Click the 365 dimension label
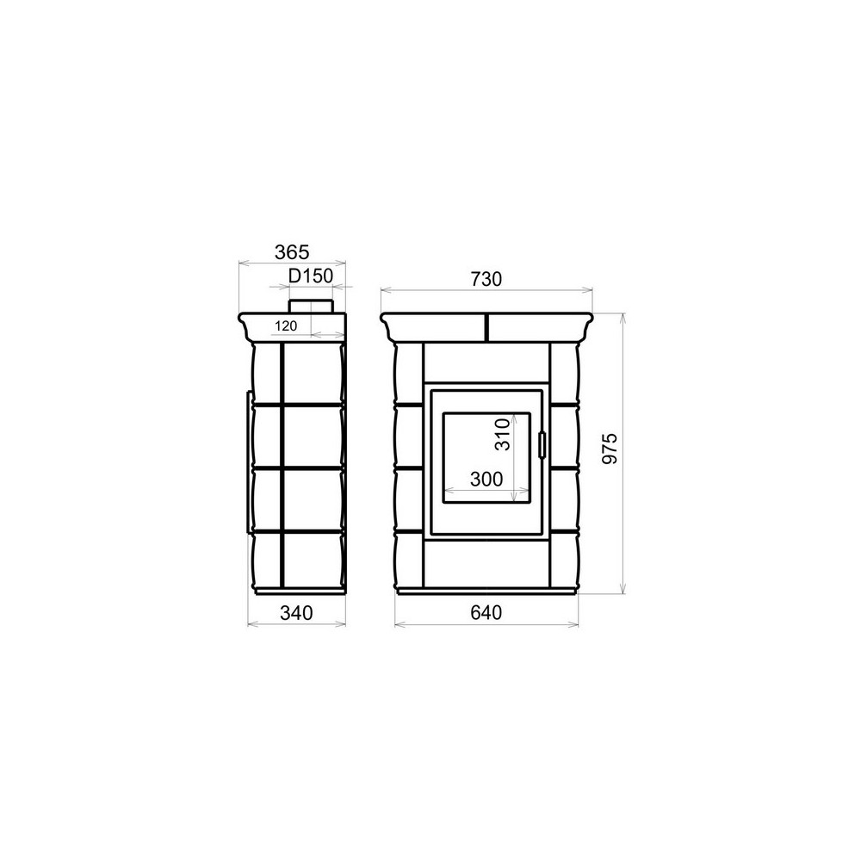[x=292, y=252]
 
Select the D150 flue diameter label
[x=311, y=276]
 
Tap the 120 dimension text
[x=286, y=325]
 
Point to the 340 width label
[x=296, y=612]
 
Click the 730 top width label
[x=486, y=279]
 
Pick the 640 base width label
[x=486, y=612]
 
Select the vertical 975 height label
[x=610, y=449]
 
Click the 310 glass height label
[x=503, y=434]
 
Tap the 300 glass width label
[x=486, y=480]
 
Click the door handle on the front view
[x=542, y=444]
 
